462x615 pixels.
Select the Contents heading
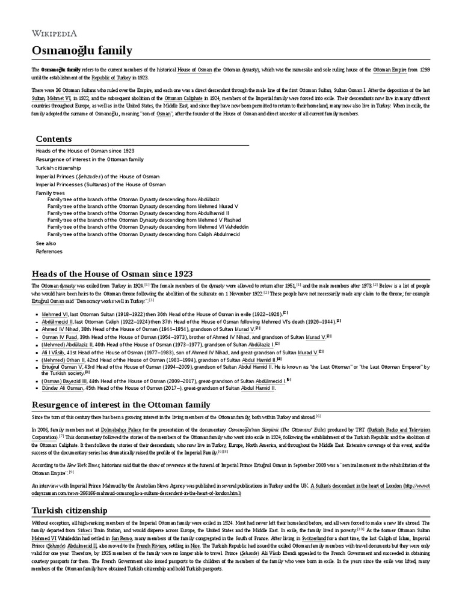(x=54, y=139)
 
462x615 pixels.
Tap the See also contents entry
(x=46, y=243)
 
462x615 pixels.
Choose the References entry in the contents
(x=49, y=252)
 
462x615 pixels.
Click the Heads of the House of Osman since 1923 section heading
(x=112, y=273)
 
